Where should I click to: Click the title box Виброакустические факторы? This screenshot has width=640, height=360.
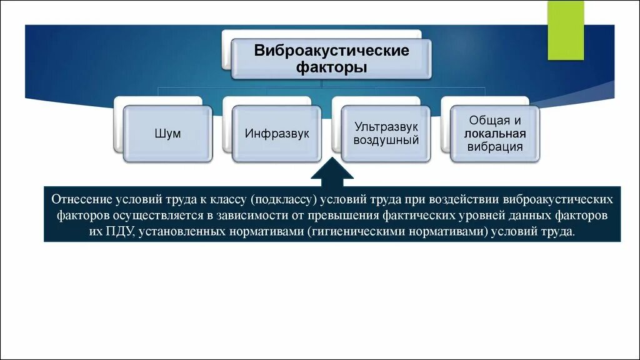331,59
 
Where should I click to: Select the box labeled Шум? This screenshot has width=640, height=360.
167,134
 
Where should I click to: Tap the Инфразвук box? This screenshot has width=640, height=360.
277,134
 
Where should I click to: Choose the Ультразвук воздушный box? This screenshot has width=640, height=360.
386,134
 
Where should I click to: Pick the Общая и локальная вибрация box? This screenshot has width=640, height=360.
494,134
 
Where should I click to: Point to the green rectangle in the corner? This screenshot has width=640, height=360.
566,30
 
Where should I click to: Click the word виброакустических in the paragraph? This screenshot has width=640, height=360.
562,199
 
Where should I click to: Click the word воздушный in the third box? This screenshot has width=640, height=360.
386,140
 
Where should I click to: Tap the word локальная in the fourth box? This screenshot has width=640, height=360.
494,134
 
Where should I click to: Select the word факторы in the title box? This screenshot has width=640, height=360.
331,67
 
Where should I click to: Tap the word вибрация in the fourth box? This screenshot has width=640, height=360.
494,147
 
